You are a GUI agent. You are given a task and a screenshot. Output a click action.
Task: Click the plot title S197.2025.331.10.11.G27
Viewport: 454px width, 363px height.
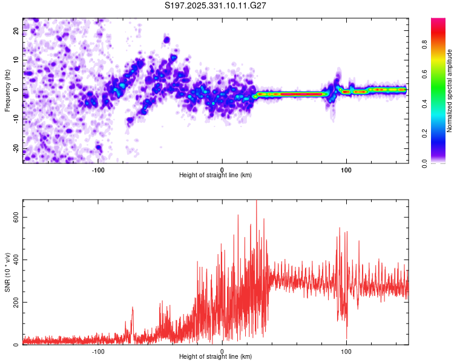pyautogui.click(x=216, y=5)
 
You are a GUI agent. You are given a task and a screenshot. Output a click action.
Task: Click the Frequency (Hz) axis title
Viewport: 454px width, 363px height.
pyautogui.click(x=7, y=90)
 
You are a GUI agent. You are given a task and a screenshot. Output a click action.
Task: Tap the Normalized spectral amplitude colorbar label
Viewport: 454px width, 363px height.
pyautogui.click(x=450, y=91)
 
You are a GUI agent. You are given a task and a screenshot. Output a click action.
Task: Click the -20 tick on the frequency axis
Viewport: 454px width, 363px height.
pyautogui.click(x=15, y=149)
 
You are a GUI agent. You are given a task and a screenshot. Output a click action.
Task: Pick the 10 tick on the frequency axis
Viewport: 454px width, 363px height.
pyautogui.click(x=16, y=60)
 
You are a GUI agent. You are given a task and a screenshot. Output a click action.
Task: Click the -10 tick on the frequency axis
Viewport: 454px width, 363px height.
pyautogui.click(x=15, y=119)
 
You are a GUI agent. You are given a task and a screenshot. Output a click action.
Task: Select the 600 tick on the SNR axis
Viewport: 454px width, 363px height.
pyautogui.click(x=14, y=217)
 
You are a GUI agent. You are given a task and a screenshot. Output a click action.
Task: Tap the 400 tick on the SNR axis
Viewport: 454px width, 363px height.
pyautogui.click(x=14, y=260)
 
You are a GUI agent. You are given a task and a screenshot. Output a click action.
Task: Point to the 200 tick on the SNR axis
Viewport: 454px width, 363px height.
pyautogui.click(x=14, y=302)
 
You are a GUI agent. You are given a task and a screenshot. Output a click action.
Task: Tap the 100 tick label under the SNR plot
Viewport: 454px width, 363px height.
pyautogui.click(x=346, y=350)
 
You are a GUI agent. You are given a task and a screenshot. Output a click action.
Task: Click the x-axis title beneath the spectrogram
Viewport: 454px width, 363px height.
pyautogui.click(x=215, y=175)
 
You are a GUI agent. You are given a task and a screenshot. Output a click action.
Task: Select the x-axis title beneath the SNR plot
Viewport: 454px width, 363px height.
pyautogui.click(x=215, y=357)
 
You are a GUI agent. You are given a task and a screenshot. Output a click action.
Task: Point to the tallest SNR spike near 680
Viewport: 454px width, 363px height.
pyautogui.click(x=257, y=202)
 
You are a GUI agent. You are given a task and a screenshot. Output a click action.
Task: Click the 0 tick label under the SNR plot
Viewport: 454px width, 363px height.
pyautogui.click(x=222, y=350)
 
